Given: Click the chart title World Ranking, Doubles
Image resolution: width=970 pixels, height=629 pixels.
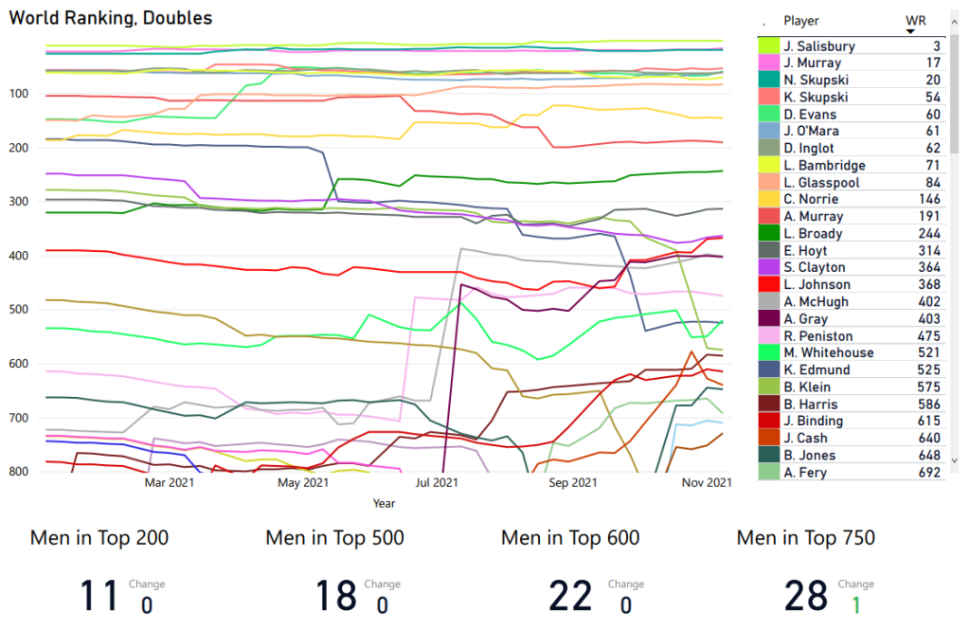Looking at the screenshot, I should (111, 18).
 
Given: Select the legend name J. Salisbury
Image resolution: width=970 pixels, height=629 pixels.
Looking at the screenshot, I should (819, 46).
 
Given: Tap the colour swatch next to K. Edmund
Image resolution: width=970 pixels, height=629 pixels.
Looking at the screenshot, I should (768, 370).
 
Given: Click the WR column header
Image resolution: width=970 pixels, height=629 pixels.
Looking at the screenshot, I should (916, 20).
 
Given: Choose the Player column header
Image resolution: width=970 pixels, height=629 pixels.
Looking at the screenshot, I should (801, 21).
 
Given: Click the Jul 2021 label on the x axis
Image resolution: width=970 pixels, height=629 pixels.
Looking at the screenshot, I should (438, 483).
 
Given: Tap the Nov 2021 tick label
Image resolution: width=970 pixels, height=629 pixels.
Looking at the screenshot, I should (708, 483).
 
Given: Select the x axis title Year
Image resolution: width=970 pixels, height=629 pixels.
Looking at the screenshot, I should (384, 503).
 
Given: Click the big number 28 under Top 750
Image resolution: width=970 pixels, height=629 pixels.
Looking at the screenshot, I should (806, 596).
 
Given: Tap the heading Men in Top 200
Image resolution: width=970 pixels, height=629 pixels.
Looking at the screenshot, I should (99, 538).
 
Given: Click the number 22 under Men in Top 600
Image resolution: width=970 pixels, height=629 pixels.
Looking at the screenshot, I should (570, 596).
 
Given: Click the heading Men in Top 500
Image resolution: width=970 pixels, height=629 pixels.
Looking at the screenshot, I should (334, 538).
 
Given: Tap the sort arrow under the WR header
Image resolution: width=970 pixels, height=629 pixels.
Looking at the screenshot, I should (910, 31).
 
